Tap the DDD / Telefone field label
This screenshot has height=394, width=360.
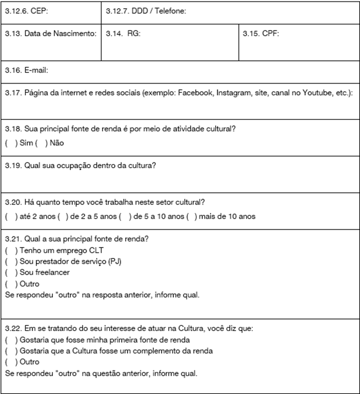coord(146,12)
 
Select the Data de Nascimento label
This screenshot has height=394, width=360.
coord(50,34)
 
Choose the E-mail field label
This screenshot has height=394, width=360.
coord(26,71)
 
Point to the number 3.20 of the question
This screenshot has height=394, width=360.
coord(13,203)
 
